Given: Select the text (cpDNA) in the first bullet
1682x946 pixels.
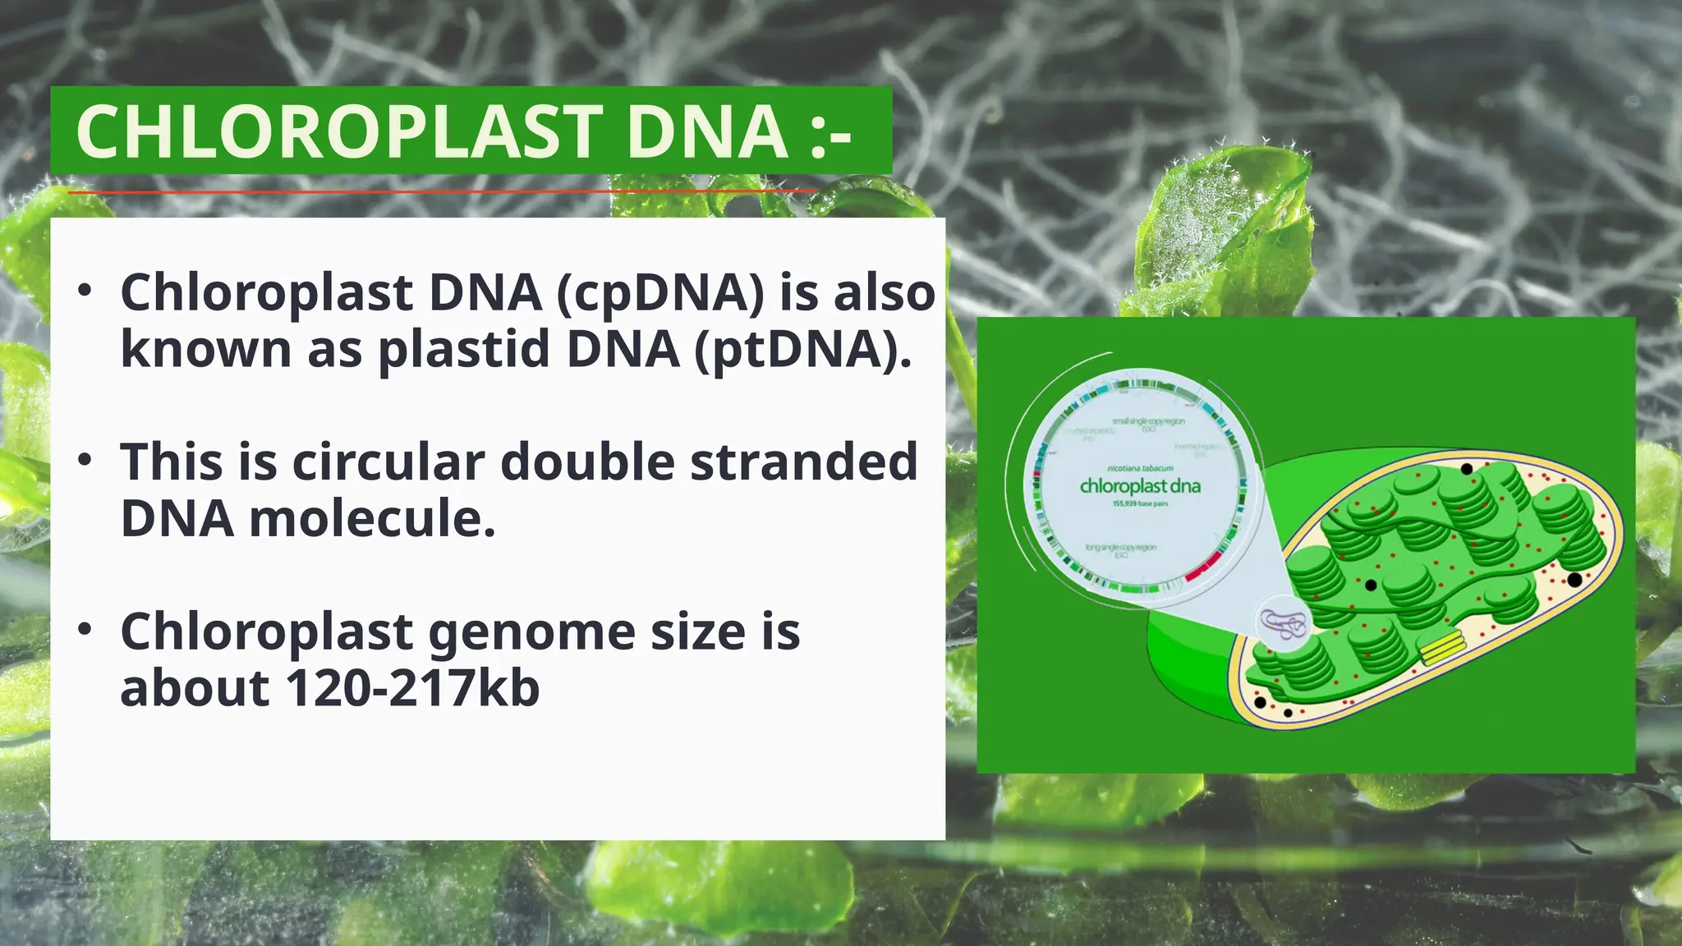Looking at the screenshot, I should click(x=660, y=292).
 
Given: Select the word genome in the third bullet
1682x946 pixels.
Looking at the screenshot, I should click(x=531, y=631).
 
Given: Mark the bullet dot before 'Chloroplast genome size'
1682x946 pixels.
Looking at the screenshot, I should click(x=85, y=629).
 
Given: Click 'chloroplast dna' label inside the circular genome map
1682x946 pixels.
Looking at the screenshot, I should click(x=1140, y=486).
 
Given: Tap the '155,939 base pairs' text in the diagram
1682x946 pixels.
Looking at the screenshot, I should click(x=1140, y=503).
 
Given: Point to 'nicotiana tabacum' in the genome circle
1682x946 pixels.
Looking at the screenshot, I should click(x=1140, y=469).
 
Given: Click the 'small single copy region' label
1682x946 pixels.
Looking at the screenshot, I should click(x=1148, y=422).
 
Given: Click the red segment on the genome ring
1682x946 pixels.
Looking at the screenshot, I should click(x=1204, y=567).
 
